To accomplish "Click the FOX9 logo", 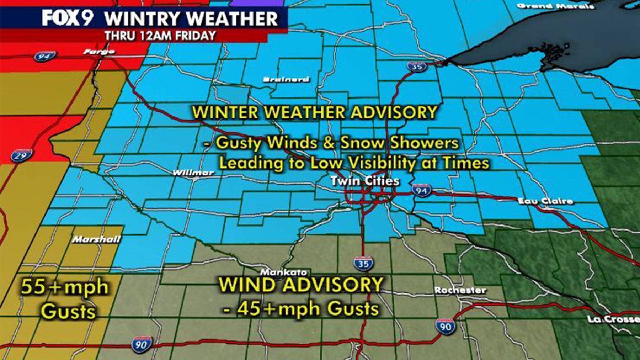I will [68, 18].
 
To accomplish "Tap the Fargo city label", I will [99, 52].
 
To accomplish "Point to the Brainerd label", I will [286, 79].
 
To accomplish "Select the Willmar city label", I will [193, 173].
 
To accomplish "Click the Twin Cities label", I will [365, 181].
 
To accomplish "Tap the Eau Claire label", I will [545, 201].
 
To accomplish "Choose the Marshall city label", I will [96, 239].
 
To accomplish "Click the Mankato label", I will [284, 272].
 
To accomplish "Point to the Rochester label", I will [460, 290].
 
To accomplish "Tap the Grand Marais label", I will [555, 6].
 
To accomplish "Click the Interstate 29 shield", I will [21, 155].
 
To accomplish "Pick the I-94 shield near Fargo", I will [45, 56].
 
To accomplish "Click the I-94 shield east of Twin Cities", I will [422, 190].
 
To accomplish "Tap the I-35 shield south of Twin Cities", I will [363, 264].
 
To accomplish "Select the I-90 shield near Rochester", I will [445, 326].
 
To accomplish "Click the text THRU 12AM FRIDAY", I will [160, 36].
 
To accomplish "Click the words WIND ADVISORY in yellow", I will [301, 285].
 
